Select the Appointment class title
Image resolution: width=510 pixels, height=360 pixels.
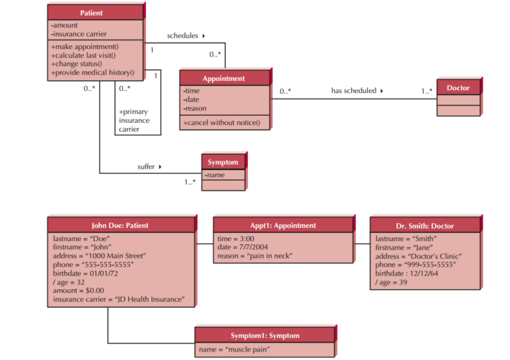(x=224, y=78)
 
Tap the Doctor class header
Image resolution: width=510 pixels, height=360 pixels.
(x=458, y=88)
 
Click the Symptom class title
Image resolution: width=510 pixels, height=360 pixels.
(x=222, y=162)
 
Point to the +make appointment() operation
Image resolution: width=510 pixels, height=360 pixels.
(x=84, y=46)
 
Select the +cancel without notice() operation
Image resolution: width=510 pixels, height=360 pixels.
(x=222, y=123)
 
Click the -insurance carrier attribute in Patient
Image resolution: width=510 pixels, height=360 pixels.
(x=79, y=34)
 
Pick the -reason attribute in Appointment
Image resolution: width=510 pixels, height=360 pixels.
(x=195, y=108)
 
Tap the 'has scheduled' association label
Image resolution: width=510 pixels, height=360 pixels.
(x=357, y=91)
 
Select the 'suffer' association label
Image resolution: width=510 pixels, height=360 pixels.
(x=149, y=167)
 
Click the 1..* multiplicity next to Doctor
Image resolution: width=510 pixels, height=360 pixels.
(x=426, y=91)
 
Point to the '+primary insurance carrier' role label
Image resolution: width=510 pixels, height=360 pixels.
(x=134, y=120)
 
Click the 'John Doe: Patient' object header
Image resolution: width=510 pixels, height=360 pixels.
(x=120, y=225)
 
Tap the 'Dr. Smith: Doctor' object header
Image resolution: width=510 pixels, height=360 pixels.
(x=424, y=226)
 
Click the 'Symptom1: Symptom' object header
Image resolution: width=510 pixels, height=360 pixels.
(x=265, y=335)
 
